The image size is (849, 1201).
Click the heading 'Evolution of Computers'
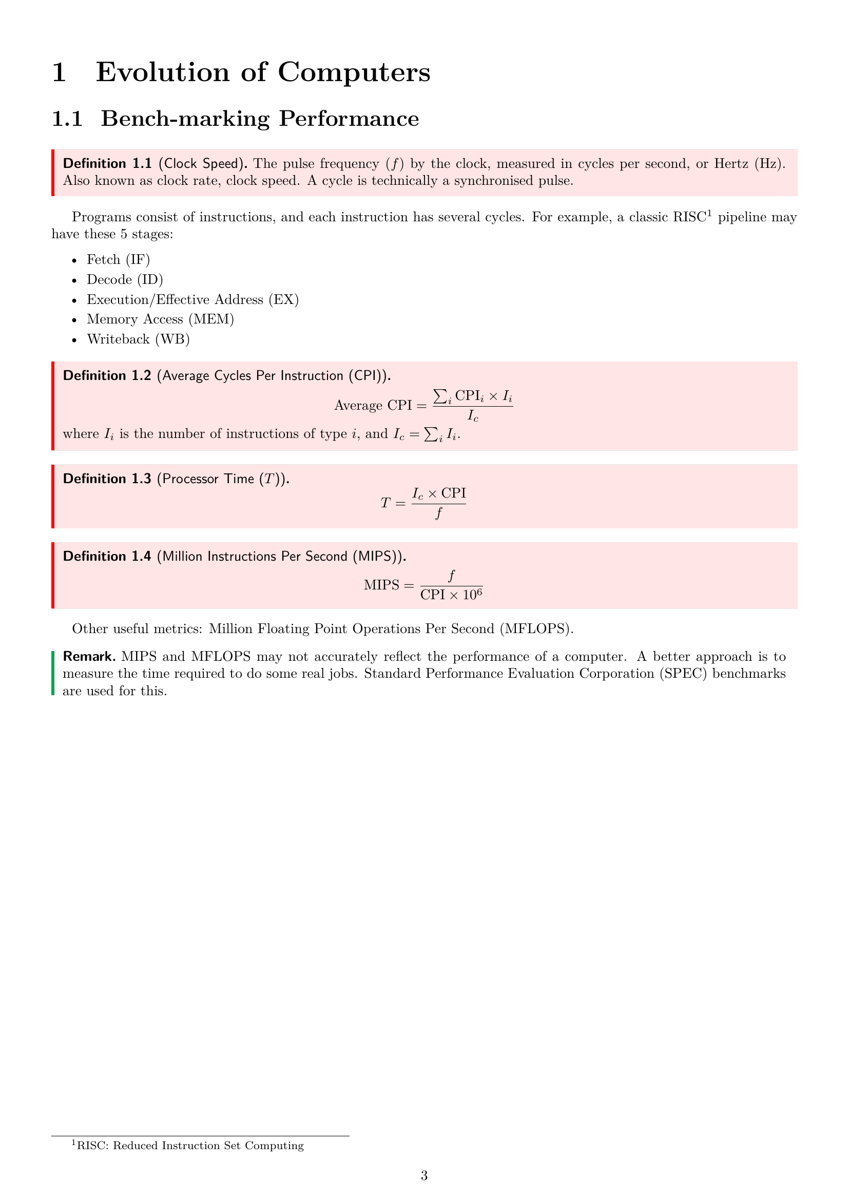[x=262, y=72]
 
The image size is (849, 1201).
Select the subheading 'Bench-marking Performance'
[x=259, y=119]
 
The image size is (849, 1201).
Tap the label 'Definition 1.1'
[x=107, y=164]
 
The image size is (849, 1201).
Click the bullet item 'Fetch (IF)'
[x=118, y=260]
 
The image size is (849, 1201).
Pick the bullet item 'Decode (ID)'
[x=124, y=280]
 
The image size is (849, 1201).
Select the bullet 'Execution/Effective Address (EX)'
[x=192, y=300]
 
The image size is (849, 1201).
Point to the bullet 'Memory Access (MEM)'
[x=160, y=319]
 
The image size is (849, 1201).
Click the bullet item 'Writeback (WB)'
[x=138, y=339]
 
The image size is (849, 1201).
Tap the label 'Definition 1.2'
[x=107, y=376]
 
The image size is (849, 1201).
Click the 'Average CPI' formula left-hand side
[x=373, y=406]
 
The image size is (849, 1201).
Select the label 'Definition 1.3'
[x=107, y=479]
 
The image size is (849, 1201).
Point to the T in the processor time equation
[x=385, y=503]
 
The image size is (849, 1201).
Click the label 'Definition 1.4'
[x=107, y=557]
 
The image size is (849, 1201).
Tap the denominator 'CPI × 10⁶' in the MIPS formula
[x=451, y=595]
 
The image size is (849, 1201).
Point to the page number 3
[x=424, y=1176]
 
